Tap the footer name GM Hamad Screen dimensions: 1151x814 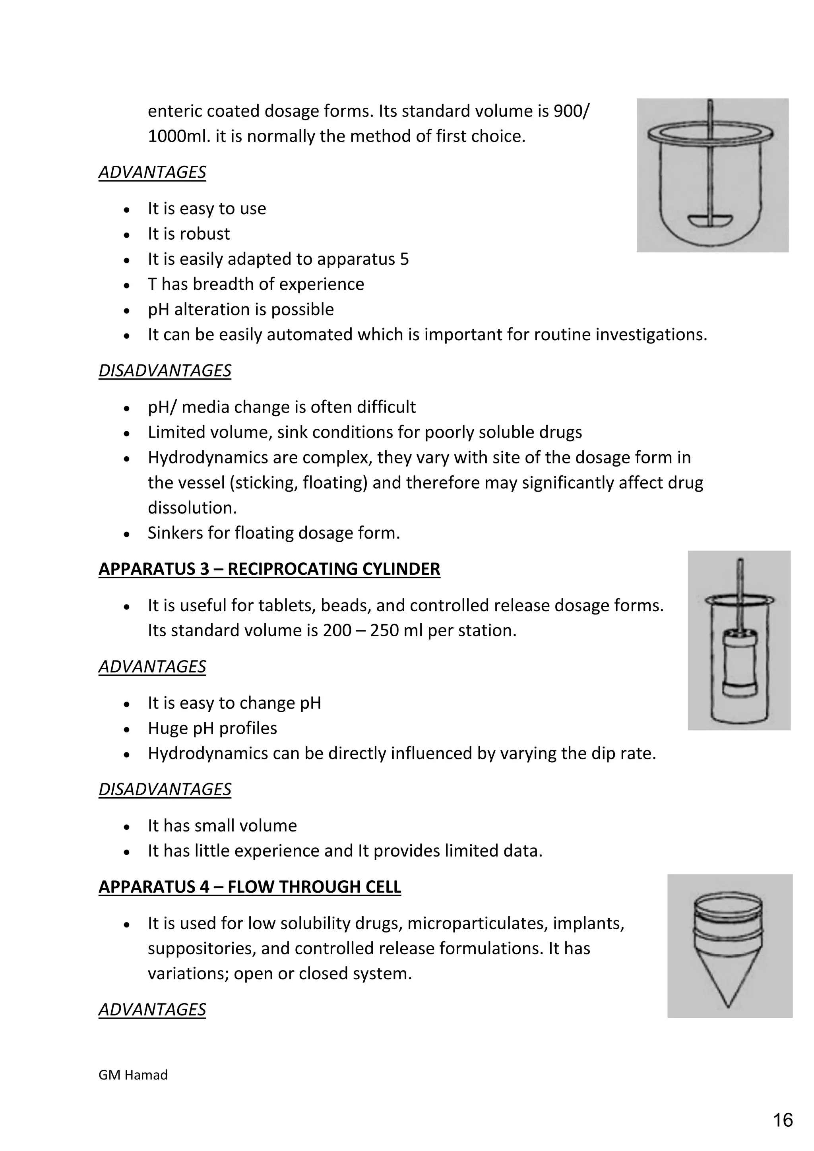(133, 1075)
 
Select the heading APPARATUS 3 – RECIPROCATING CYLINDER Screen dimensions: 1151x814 (269, 569)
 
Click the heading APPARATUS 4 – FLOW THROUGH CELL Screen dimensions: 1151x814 (250, 886)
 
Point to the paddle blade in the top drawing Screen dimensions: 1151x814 (710, 220)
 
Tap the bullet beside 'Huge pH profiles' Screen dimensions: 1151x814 (127, 729)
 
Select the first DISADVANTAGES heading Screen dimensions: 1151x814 (165, 370)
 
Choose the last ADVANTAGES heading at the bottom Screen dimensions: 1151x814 (152, 1009)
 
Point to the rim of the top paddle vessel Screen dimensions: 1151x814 (710, 135)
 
